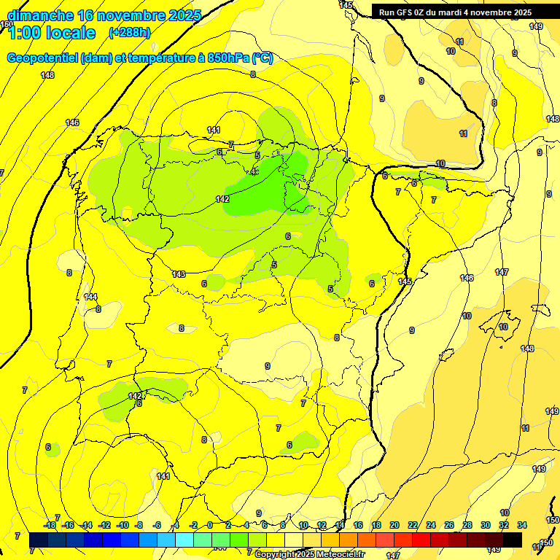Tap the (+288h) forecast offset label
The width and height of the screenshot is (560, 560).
click(x=129, y=32)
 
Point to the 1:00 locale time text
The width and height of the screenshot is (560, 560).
click(x=52, y=33)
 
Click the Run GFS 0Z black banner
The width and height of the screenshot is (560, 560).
click(x=455, y=12)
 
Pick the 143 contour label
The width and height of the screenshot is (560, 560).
click(x=179, y=274)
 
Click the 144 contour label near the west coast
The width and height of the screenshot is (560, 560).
click(x=90, y=297)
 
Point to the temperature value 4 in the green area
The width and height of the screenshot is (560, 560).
click(x=253, y=173)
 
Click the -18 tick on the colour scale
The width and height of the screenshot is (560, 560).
click(x=50, y=525)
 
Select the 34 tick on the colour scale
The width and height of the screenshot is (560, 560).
click(x=522, y=525)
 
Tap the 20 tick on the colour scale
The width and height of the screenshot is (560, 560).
click(x=394, y=525)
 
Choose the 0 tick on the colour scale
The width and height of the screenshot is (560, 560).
click(x=210, y=525)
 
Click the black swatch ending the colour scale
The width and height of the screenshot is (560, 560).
click(x=513, y=540)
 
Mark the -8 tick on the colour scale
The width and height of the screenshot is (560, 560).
click(x=138, y=525)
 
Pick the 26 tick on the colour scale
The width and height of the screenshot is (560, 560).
click(x=449, y=525)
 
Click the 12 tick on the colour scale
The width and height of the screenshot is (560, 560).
click(x=321, y=525)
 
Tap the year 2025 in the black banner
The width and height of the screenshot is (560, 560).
click(x=522, y=12)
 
